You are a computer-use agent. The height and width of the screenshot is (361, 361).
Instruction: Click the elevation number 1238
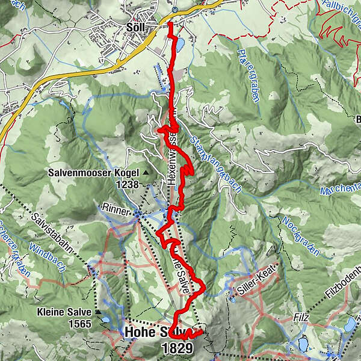pos(128,185)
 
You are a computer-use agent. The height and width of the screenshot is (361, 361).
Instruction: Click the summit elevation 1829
pos(177,348)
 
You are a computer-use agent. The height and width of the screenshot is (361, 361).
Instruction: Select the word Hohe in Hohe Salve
pos(141,333)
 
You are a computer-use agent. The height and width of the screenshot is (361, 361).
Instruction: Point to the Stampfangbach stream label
pos(215,163)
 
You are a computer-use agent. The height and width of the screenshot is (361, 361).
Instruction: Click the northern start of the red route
pos(170,24)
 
